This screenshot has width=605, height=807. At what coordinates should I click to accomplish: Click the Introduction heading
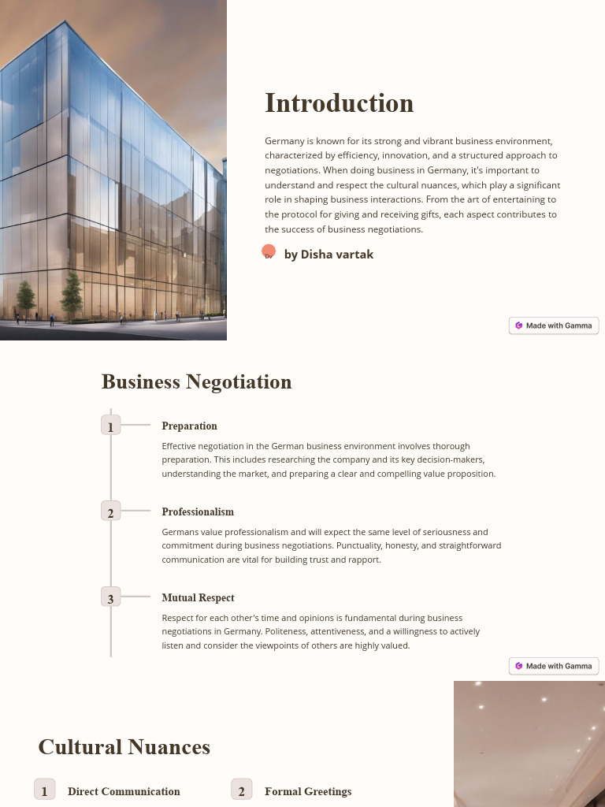(339, 103)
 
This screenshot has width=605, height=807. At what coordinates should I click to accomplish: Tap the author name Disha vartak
(328, 255)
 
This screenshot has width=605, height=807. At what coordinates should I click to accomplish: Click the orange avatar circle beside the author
(269, 252)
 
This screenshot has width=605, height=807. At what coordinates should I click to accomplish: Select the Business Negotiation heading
(196, 382)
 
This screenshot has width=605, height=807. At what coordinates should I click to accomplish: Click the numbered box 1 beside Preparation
(111, 426)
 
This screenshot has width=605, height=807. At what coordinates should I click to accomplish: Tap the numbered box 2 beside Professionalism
(111, 512)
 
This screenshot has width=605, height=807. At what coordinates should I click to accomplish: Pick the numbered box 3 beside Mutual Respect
(111, 598)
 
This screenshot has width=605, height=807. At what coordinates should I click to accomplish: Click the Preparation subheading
(189, 426)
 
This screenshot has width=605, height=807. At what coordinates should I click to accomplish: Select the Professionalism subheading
(198, 512)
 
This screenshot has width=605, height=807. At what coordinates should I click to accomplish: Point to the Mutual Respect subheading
(198, 598)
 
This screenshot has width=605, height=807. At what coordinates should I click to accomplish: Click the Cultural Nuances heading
(124, 747)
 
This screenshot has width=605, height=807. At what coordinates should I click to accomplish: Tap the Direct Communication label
(124, 791)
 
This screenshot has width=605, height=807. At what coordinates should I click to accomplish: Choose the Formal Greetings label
(308, 791)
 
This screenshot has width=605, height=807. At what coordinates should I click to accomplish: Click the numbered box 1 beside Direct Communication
(44, 790)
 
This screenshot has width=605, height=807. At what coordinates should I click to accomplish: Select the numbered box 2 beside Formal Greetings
(241, 790)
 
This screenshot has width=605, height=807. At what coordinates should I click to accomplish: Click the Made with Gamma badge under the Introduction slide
(554, 325)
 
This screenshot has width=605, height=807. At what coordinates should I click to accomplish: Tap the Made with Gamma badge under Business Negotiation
(554, 666)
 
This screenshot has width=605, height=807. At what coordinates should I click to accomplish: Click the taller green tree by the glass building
(72, 292)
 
